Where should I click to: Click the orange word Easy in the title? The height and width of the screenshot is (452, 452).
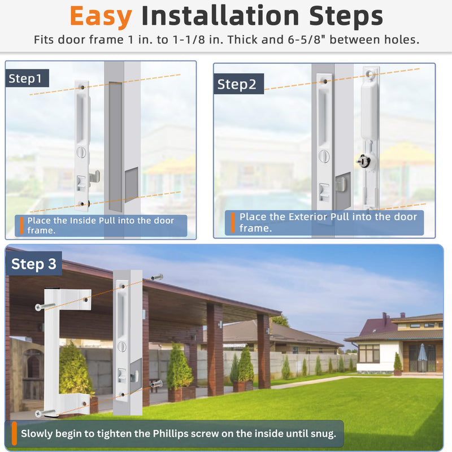tap(101, 16)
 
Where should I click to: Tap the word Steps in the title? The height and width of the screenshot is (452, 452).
tap(346, 16)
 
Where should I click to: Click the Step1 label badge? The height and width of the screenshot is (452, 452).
tap(27, 78)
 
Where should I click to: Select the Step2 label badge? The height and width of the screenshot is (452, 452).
tap(238, 84)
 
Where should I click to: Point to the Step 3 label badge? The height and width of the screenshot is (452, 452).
tap(34, 263)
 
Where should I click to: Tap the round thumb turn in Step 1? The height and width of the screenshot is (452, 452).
tap(81, 152)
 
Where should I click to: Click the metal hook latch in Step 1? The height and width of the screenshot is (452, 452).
tap(95, 176)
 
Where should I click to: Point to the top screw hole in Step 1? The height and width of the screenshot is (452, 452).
tap(82, 87)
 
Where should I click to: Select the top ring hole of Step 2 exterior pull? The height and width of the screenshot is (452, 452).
tap(371, 75)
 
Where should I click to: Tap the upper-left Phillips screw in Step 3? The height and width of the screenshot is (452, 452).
tap(45, 307)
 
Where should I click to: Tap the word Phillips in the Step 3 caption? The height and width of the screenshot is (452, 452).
tap(171, 433)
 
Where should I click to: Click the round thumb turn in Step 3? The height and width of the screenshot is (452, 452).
tap(122, 346)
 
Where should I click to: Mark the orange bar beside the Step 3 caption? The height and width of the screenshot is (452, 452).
tap(14, 433)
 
